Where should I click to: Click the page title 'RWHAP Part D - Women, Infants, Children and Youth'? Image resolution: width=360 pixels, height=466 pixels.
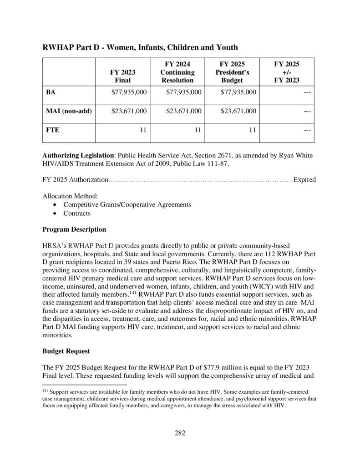140,47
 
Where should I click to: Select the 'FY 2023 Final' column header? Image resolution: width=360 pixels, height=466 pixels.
122,76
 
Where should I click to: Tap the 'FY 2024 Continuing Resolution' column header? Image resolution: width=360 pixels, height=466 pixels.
177,72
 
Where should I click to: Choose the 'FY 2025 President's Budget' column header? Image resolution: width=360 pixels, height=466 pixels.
232,72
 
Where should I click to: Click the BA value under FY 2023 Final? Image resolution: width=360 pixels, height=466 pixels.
129,92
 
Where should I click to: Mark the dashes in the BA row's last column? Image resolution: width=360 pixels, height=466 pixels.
306,92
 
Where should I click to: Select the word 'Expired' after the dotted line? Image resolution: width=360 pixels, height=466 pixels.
304,180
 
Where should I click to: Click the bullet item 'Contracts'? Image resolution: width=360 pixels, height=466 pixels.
77,213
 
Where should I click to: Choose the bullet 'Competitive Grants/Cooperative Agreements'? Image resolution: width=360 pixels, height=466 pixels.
127,204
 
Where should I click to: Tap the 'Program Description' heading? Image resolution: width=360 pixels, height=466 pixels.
74,229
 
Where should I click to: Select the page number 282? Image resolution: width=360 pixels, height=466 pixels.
180,433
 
